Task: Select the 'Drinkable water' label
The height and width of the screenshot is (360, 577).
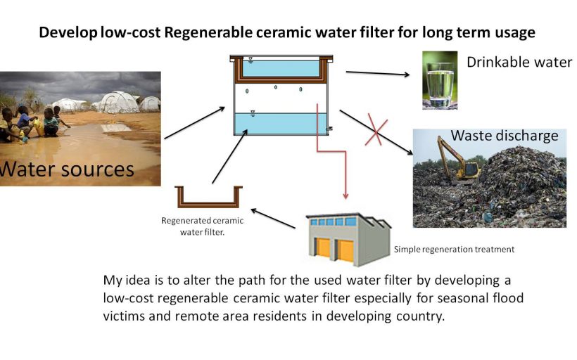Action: click(x=519, y=63)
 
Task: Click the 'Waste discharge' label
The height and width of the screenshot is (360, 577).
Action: click(x=504, y=135)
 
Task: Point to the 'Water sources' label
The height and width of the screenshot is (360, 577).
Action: click(x=67, y=169)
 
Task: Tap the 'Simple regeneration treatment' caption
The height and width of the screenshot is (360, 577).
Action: click(x=454, y=249)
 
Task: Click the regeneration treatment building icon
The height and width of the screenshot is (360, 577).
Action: click(x=348, y=239)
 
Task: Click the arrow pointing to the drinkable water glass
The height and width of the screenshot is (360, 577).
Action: click(x=378, y=73)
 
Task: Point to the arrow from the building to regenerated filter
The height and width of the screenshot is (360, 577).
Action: click(x=273, y=218)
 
